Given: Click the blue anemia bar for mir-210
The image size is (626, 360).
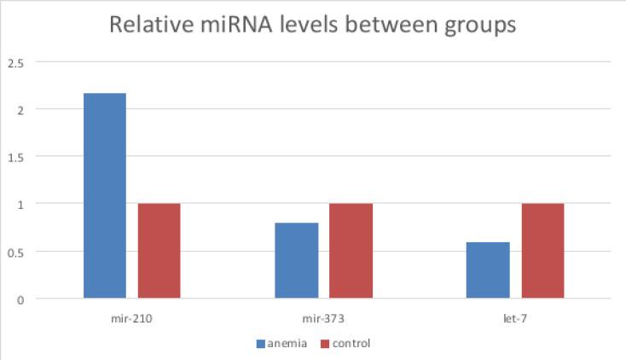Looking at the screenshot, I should coord(104,195).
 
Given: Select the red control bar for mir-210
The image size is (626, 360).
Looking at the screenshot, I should coord(159,251).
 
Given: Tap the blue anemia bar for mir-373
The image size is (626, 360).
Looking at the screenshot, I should coord(297,260).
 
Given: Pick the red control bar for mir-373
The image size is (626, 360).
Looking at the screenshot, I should coord(351,251).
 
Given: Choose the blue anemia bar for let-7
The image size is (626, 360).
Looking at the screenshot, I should coord(489,270).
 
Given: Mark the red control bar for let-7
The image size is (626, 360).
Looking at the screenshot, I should coord(543,251).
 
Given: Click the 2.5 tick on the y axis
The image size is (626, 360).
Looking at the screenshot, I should coord(16,62).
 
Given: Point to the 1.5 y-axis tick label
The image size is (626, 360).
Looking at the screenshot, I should coord(16,157).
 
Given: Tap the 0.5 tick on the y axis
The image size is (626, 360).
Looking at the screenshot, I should coord(16,252).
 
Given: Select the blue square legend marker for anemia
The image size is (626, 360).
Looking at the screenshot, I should coord(261,344).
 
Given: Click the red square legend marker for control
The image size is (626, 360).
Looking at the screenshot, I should coord(325,344).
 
